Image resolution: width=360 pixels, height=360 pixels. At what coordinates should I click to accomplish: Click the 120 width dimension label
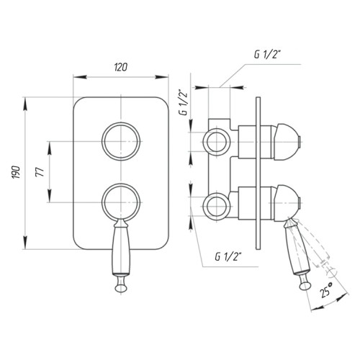pyautogui.click(x=120, y=68)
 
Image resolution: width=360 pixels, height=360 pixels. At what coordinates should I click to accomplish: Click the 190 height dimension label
pyautogui.click(x=16, y=172)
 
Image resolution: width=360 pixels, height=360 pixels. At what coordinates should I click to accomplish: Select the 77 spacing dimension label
pyautogui.click(x=40, y=172)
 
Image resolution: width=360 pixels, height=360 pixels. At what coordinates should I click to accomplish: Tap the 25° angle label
pyautogui.click(x=326, y=289)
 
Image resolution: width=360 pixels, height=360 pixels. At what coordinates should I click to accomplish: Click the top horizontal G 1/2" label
pyautogui.click(x=267, y=55)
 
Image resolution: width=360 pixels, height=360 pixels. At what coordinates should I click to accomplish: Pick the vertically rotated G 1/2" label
pyautogui.click(x=184, y=102)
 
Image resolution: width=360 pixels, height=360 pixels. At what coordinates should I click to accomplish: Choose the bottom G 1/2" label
pyautogui.click(x=228, y=257)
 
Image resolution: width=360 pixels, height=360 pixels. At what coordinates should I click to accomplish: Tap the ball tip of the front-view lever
pyautogui.click(x=121, y=287)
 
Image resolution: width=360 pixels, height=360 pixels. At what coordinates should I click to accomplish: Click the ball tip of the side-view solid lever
pyautogui.click(x=305, y=286)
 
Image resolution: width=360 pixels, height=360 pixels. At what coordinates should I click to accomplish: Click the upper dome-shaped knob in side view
pyautogui.click(x=287, y=142)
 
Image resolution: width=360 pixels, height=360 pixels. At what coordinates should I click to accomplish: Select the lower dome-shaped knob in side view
pyautogui.click(x=287, y=202)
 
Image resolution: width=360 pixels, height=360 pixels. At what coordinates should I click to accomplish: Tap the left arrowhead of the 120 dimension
pyautogui.click(x=79, y=77)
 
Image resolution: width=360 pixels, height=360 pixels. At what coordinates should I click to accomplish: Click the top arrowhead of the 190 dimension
pyautogui.click(x=25, y=104)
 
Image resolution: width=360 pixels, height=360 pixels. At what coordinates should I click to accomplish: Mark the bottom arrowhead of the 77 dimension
pyautogui.click(x=50, y=196)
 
